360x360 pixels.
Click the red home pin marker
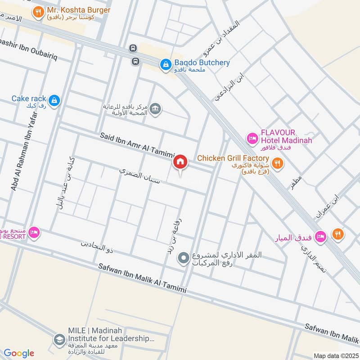coord(180,162)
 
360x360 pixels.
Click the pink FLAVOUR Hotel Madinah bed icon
coord(252,137)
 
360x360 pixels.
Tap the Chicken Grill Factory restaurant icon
coord(278,162)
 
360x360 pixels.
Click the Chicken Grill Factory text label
coord(233,158)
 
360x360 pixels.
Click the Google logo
coord(19,353)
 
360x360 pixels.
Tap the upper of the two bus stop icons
coord(134,48)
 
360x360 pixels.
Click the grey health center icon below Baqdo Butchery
coord(155,109)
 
